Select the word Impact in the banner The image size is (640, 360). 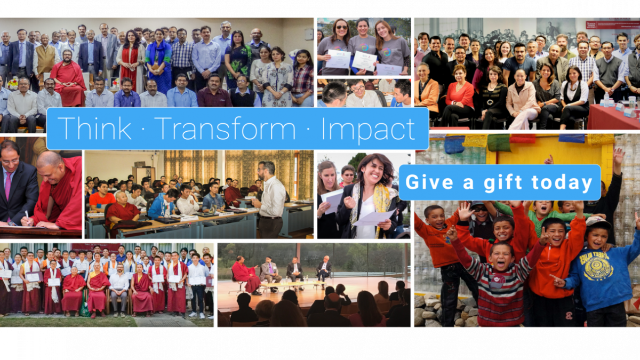[369, 130]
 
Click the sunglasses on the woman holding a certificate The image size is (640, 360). [342, 27]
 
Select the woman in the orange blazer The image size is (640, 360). [426, 91]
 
